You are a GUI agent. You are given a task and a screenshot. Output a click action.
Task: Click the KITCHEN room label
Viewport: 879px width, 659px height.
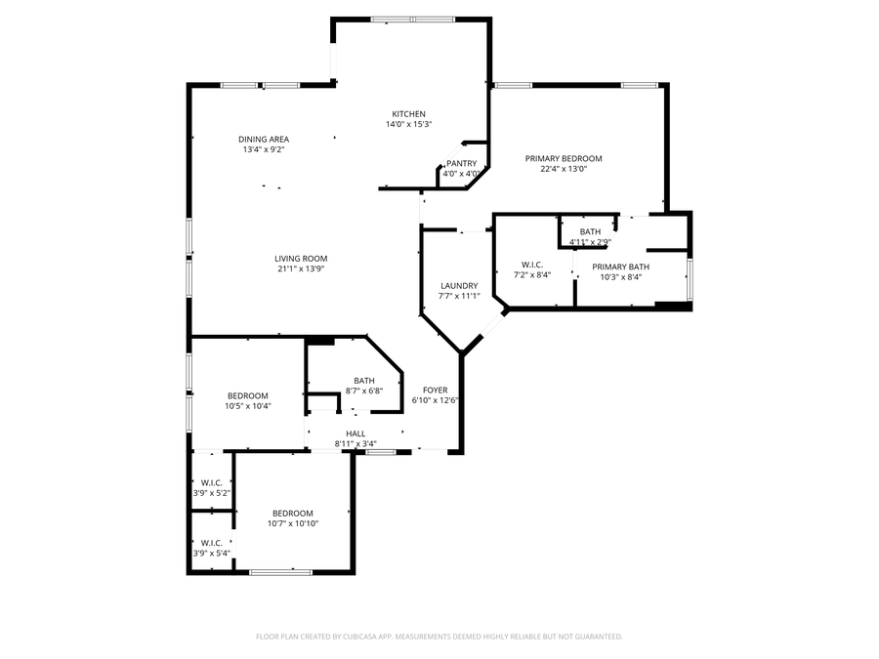click(x=408, y=114)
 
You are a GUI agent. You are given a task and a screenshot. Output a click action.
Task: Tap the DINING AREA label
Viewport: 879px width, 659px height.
click(x=264, y=140)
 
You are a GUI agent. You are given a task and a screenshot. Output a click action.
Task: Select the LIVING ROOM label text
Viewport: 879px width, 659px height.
click(x=300, y=259)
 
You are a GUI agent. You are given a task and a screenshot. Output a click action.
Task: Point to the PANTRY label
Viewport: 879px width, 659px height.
click(x=461, y=164)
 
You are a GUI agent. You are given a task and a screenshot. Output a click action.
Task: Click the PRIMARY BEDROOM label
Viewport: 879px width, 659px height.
click(x=563, y=158)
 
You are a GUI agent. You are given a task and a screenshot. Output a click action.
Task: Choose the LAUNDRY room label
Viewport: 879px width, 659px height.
click(x=458, y=286)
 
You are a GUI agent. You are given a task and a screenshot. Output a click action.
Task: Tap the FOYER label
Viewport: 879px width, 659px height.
click(x=435, y=390)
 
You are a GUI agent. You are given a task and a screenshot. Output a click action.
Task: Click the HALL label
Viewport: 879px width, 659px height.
click(x=356, y=433)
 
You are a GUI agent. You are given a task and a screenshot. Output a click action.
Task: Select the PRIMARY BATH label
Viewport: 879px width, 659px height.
click(x=620, y=267)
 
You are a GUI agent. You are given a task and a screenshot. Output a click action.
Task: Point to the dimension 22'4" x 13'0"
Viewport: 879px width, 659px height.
click(x=563, y=169)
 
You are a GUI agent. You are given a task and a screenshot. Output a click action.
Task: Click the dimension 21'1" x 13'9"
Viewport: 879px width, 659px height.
click(x=300, y=268)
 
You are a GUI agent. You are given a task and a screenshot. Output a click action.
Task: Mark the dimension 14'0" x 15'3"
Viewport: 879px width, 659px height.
click(x=408, y=124)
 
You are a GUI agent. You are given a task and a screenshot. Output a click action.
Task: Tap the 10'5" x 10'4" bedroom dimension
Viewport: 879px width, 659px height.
click(x=247, y=406)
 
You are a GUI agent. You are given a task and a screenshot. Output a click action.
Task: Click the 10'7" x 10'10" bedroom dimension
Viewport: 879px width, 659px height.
click(x=292, y=523)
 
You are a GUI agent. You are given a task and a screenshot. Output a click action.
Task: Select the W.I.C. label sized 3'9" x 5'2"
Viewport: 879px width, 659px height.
click(x=212, y=483)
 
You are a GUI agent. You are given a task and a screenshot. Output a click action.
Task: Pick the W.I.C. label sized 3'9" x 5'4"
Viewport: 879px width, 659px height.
click(x=212, y=543)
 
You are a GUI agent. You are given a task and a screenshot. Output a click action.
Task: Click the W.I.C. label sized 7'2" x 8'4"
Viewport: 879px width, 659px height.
click(x=531, y=265)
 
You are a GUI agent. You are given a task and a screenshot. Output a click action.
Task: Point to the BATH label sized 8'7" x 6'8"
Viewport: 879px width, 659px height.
click(x=364, y=381)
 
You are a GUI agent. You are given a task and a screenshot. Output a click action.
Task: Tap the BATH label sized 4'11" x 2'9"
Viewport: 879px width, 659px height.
click(x=590, y=231)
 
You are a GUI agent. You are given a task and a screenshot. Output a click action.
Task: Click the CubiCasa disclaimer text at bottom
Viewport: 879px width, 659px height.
click(x=439, y=637)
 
